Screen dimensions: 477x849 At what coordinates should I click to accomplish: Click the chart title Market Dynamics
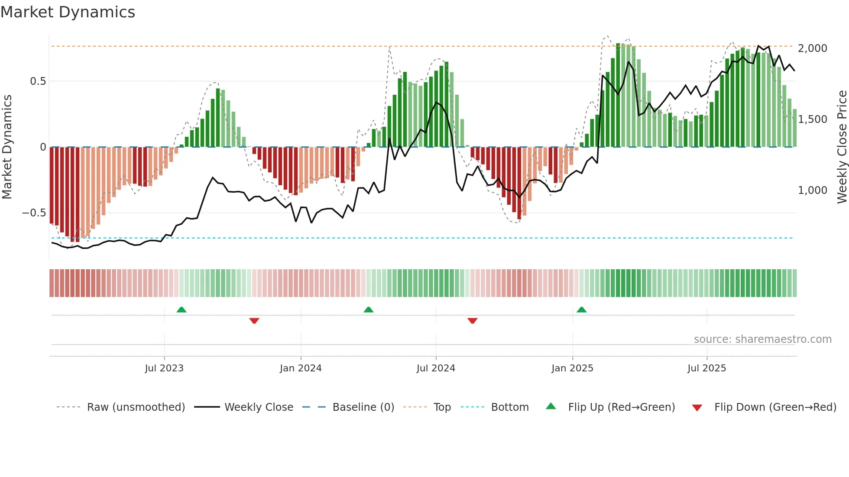pyautogui.click(x=68, y=12)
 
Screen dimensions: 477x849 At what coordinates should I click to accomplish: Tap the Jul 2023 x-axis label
pyautogui.click(x=164, y=368)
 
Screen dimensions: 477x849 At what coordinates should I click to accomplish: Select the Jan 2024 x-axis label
pyautogui.click(x=301, y=368)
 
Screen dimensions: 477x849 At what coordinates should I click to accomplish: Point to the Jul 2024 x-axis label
pyautogui.click(x=436, y=368)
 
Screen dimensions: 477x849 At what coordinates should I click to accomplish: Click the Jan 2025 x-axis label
pyautogui.click(x=572, y=368)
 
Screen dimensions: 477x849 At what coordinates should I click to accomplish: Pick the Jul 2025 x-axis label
pyautogui.click(x=706, y=368)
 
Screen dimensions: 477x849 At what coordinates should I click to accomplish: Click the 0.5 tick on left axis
pyautogui.click(x=38, y=81)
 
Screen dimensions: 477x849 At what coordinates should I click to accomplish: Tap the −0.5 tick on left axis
pyautogui.click(x=34, y=213)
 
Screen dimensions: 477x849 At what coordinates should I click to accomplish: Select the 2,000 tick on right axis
pyautogui.click(x=813, y=48)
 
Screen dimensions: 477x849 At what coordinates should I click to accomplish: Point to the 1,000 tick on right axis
pyautogui.click(x=813, y=190)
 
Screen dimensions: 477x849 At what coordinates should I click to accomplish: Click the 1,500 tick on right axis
pyautogui.click(x=813, y=119)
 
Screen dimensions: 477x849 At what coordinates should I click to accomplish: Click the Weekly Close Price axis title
pyautogui.click(x=842, y=147)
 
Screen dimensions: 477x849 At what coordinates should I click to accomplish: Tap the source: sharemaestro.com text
pyautogui.click(x=762, y=339)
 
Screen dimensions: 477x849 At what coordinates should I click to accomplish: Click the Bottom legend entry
pyautogui.click(x=509, y=407)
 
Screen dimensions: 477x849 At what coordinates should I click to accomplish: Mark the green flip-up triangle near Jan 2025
pyautogui.click(x=582, y=310)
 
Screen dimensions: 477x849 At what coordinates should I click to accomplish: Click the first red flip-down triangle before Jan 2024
pyautogui.click(x=254, y=321)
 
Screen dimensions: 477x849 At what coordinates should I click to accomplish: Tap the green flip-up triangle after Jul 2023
pyautogui.click(x=181, y=310)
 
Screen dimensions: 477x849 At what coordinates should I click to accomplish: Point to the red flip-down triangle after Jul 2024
pyautogui.click(x=473, y=321)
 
